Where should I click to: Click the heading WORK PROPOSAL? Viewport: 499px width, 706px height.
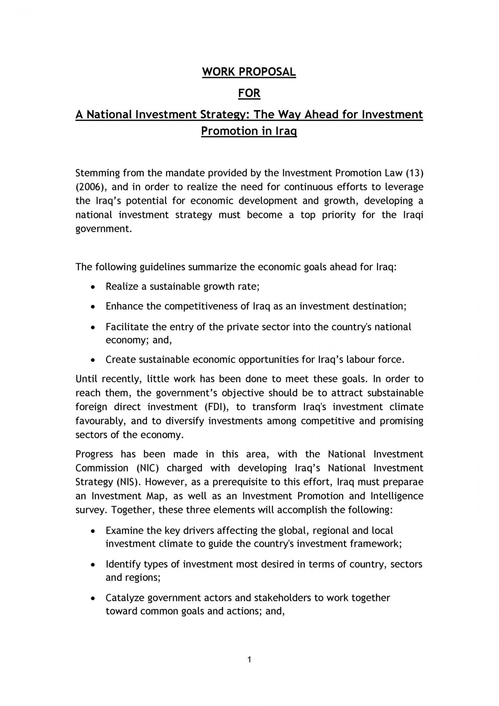click(x=249, y=72)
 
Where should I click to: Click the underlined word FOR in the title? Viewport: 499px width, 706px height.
click(x=249, y=94)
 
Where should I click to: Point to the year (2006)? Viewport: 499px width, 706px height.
click(x=91, y=187)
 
